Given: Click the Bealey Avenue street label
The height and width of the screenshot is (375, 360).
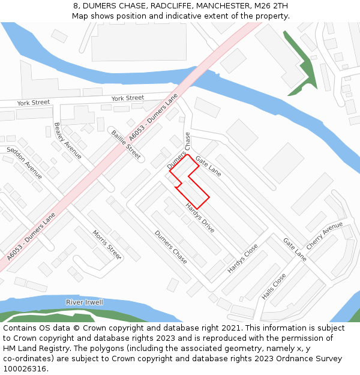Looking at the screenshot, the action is (67, 141).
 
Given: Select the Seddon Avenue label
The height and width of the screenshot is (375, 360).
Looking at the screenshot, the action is (25, 163).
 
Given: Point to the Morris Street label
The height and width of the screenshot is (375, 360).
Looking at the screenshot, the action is (107, 244).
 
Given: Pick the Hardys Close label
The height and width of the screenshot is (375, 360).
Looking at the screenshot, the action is (242, 259).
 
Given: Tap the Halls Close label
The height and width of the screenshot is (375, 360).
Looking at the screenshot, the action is (274, 287).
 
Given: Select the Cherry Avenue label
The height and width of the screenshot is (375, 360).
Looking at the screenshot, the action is (325, 236).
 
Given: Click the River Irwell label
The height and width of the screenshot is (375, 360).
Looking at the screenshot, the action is (85, 302).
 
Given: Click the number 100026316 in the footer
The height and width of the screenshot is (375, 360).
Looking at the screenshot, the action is (25, 368).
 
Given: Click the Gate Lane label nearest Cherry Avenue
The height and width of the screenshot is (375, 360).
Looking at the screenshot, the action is (295, 249).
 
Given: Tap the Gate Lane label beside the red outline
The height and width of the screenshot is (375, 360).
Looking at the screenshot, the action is (208, 165).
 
